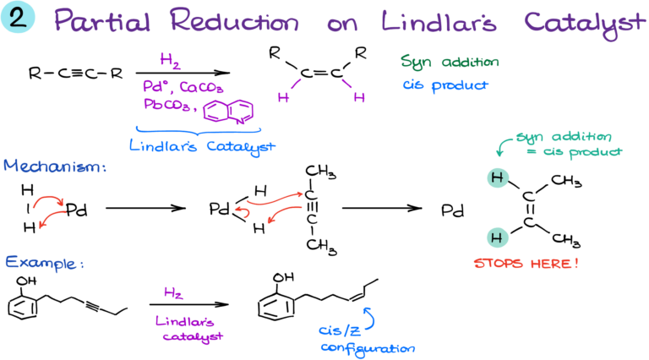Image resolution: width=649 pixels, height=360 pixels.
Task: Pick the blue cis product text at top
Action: [x=445, y=85]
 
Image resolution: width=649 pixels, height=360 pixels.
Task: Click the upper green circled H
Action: [x=499, y=178]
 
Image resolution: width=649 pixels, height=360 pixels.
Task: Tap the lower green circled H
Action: [x=499, y=237]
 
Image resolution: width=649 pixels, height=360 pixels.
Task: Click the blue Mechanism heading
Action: [x=55, y=167]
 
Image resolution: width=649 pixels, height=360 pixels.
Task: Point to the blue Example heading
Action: [x=45, y=262]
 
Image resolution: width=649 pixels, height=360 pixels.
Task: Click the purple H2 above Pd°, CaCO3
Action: [x=171, y=60]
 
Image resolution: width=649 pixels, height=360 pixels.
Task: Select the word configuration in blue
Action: [x=368, y=347]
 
